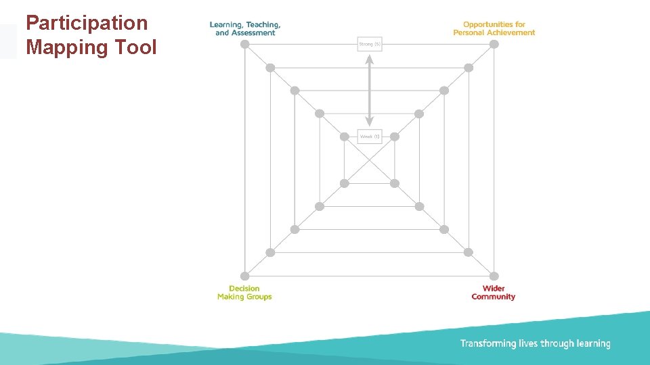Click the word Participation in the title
[87, 23]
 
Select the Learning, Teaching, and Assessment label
[244, 28]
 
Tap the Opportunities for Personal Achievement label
[494, 28]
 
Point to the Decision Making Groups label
[244, 293]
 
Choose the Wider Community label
[494, 293]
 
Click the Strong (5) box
[370, 45]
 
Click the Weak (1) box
[370, 137]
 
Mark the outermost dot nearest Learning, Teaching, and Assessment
[245, 45]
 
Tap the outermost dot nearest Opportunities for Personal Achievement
[494, 45]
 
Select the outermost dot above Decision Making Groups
[245, 276]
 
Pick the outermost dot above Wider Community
[494, 276]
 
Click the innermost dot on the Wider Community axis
[395, 183]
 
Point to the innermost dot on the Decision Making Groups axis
[345, 183]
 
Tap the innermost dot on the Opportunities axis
[395, 137]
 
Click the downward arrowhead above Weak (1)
[370, 122]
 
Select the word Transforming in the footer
[488, 344]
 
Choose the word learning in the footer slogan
[593, 344]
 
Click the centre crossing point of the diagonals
[370, 160]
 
